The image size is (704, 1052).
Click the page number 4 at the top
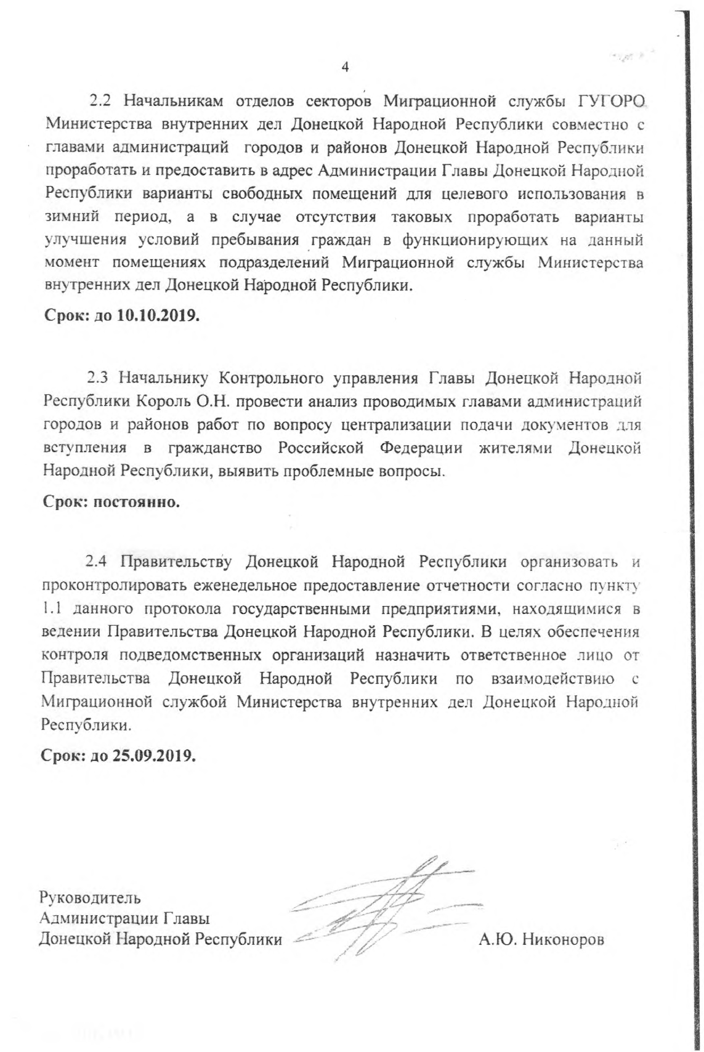[344, 67]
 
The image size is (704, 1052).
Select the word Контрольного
[269, 376]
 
